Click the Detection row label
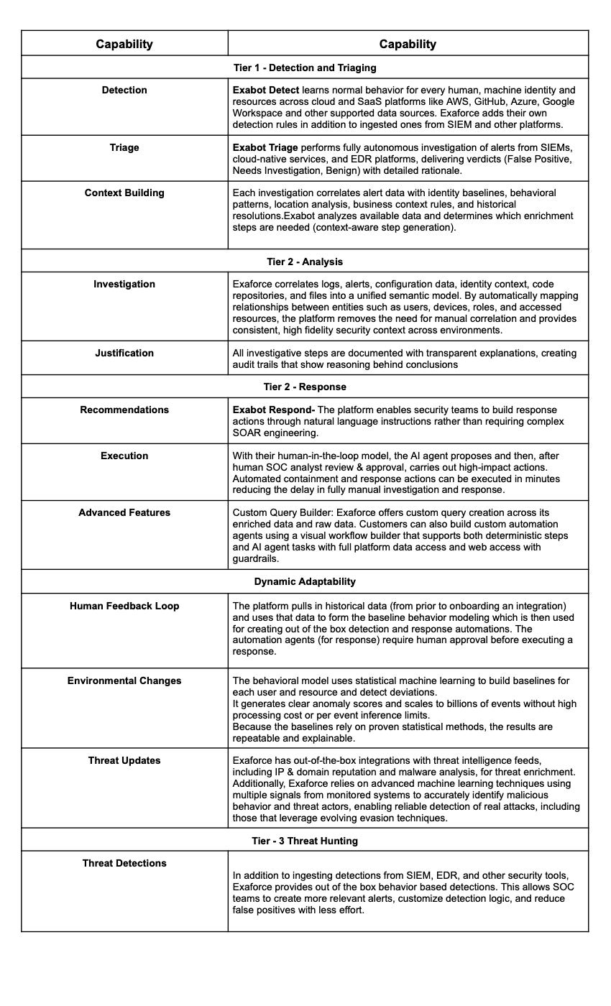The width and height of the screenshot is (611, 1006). (124, 91)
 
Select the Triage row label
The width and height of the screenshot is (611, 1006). (124, 148)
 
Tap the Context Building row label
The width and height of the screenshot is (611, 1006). (124, 193)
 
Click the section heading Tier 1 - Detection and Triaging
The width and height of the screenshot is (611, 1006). (305, 68)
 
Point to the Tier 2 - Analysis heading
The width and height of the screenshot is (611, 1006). (305, 262)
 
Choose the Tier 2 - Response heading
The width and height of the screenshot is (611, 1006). (305, 387)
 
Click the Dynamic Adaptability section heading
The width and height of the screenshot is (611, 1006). (305, 582)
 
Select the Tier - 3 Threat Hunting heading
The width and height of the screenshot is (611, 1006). (305, 841)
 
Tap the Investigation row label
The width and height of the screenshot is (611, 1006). (124, 285)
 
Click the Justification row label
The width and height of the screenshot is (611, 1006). (124, 354)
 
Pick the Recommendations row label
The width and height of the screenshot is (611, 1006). (124, 410)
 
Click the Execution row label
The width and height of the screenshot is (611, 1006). (124, 456)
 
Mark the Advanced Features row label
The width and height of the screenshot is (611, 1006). (124, 513)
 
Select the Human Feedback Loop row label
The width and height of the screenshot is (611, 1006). (124, 606)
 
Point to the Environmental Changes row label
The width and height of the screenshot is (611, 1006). (124, 681)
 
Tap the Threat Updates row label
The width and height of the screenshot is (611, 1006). (124, 761)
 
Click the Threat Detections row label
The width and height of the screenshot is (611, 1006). (124, 864)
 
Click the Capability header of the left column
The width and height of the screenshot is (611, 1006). (124, 45)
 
